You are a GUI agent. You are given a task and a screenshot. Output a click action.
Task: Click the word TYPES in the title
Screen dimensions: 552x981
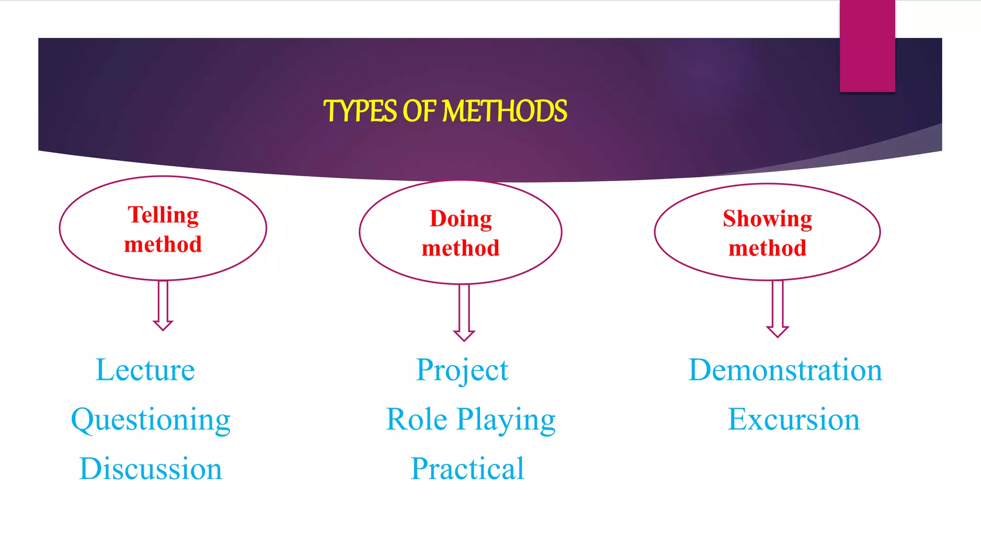tap(360, 111)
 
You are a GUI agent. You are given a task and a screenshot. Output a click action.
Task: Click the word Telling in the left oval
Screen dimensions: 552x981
tap(163, 215)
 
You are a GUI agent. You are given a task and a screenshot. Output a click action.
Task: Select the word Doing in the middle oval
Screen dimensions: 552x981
tap(460, 218)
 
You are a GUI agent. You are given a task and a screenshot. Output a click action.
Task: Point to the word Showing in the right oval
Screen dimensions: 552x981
tap(767, 218)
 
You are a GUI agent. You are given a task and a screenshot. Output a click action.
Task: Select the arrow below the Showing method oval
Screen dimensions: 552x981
tap(777, 309)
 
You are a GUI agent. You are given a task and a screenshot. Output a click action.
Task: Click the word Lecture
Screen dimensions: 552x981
tap(145, 370)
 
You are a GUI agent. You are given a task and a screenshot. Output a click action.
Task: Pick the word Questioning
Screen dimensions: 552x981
tap(151, 420)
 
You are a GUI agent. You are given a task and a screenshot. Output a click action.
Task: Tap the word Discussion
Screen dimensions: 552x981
tap(150, 469)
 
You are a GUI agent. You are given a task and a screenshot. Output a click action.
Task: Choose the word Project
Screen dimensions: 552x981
tap(462, 370)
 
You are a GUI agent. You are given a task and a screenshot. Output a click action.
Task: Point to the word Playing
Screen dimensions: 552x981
tap(506, 420)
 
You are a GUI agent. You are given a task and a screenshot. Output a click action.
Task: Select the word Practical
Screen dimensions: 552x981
tap(468, 469)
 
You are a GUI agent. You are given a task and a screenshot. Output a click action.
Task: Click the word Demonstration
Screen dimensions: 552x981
tap(785, 370)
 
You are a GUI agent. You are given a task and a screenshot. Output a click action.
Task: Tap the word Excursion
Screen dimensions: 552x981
tap(793, 419)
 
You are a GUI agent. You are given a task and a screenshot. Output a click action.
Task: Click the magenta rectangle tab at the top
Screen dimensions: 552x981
tap(867, 46)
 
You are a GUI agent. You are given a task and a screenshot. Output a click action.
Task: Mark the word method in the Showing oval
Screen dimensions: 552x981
tap(767, 248)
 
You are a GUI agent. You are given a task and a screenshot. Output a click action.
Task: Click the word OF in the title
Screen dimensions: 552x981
tap(419, 111)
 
